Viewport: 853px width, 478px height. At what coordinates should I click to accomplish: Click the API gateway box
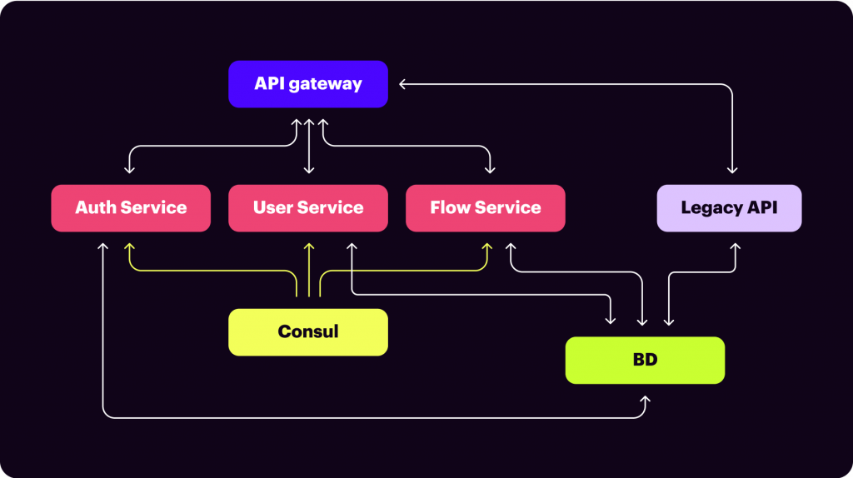(x=308, y=84)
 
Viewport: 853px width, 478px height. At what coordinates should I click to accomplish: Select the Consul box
(x=308, y=332)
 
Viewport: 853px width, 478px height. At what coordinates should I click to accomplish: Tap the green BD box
(x=645, y=360)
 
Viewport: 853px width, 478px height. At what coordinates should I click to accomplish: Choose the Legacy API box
(x=729, y=207)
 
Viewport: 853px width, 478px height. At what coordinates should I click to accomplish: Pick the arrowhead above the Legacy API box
(x=733, y=170)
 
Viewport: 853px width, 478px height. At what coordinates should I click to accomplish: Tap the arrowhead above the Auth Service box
(x=129, y=170)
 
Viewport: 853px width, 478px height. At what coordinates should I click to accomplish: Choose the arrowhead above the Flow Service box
(x=490, y=170)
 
